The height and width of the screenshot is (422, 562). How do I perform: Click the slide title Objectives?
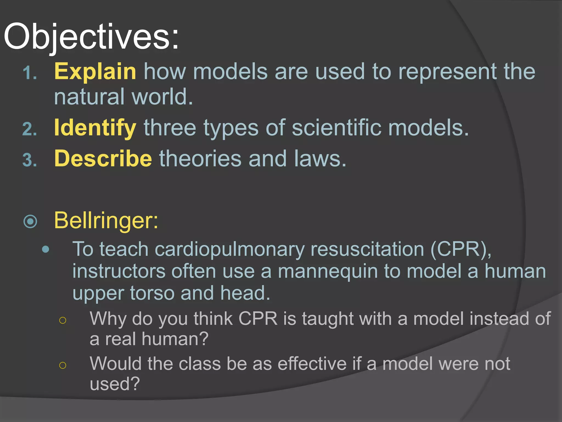(91, 37)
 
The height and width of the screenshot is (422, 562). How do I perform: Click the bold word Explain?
(95, 71)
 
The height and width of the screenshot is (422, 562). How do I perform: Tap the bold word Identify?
(95, 128)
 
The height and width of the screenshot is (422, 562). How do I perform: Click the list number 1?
(29, 74)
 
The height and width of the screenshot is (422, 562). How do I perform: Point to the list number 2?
(29, 129)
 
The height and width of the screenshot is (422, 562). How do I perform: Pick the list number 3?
(29, 160)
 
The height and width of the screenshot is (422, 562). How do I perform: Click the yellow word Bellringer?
(106, 220)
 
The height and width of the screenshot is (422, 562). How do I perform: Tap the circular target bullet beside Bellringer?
(30, 221)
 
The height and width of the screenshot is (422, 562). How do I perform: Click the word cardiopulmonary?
(230, 249)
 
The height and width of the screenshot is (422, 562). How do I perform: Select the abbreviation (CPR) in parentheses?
(461, 249)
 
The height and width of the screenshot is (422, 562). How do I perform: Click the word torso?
(152, 293)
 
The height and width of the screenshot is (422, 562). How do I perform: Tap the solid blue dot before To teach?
(46, 249)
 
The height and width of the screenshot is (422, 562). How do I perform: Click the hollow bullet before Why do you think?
(63, 320)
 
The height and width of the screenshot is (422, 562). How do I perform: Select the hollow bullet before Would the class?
(63, 365)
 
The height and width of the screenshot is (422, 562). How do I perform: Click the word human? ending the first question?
(175, 339)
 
